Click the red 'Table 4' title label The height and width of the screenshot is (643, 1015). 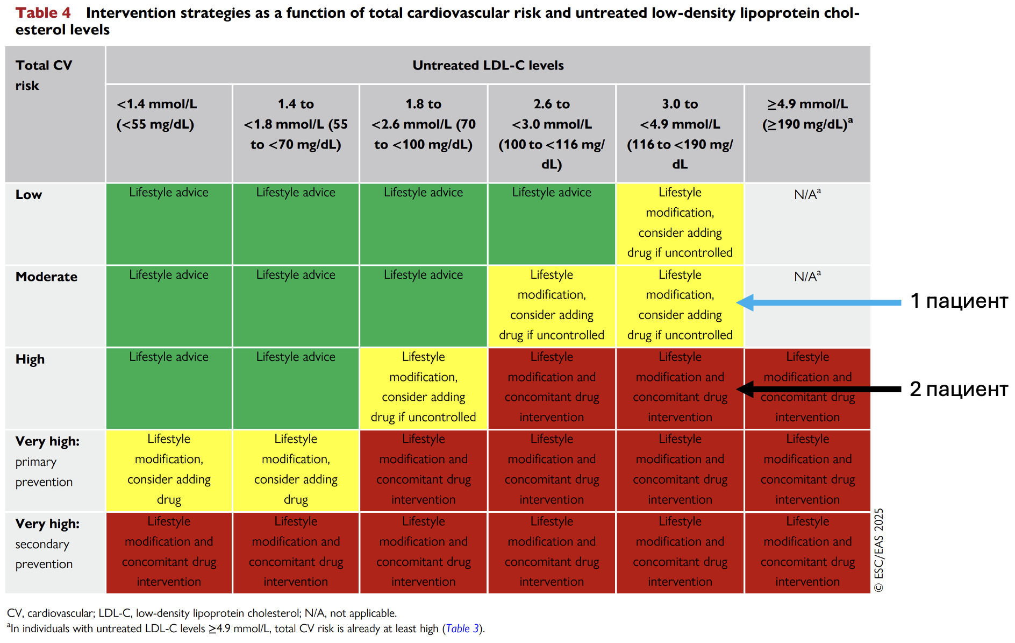43,13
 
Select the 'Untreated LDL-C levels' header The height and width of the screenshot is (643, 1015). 488,65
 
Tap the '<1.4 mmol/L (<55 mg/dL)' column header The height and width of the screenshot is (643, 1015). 156,114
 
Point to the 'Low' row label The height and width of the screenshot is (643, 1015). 28,195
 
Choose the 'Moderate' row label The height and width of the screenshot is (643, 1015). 46,277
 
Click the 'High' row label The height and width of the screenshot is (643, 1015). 30,359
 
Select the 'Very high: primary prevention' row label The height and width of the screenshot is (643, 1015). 47,462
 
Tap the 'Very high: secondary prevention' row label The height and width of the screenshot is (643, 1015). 47,544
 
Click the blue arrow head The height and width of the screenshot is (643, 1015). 745,302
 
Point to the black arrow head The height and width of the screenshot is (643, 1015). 745,389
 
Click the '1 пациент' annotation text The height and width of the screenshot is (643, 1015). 959,301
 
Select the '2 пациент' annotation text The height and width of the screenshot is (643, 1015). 959,389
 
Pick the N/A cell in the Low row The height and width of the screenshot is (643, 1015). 807,224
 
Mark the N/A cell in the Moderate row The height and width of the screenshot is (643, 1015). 807,306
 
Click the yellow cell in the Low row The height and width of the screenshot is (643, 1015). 680,224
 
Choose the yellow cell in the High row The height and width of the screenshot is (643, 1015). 424,388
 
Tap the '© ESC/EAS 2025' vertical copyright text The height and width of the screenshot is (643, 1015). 879,550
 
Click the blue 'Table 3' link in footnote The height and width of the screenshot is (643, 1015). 462,628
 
